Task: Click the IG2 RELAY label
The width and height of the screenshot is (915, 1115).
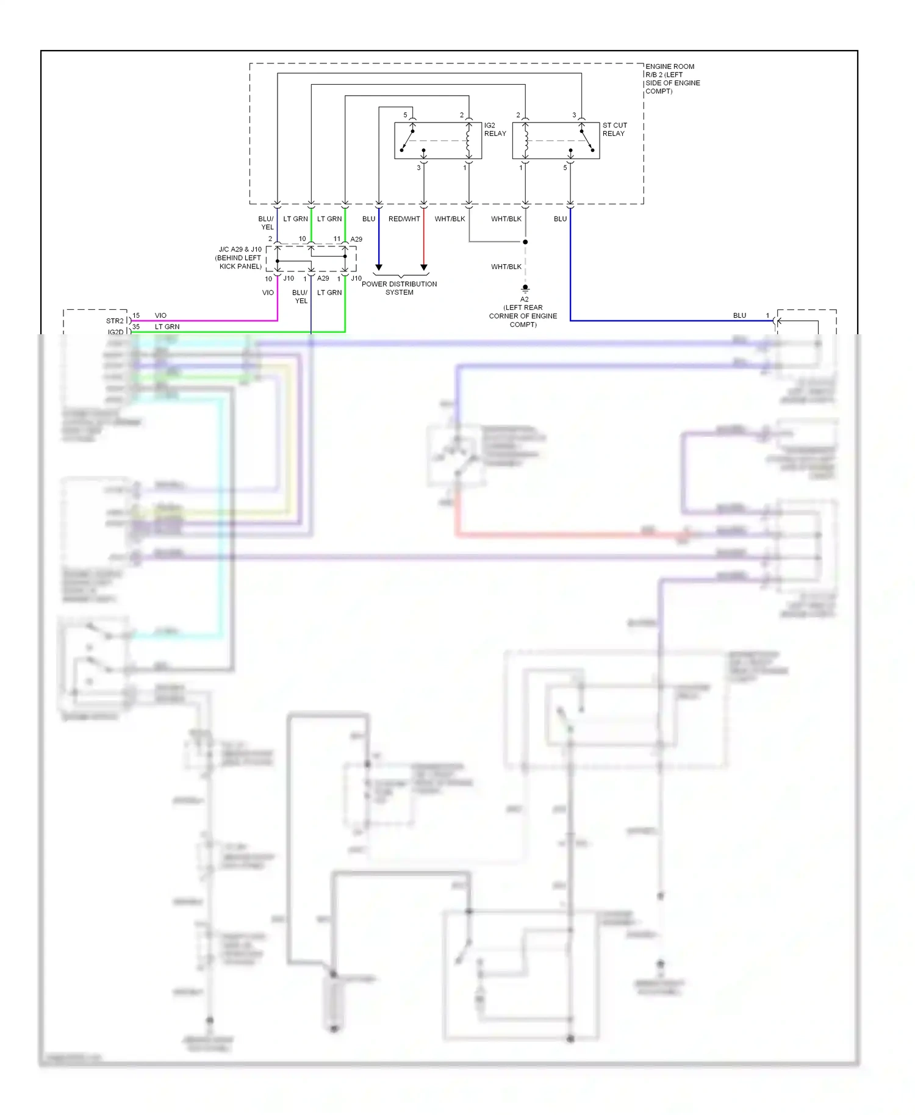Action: click(495, 129)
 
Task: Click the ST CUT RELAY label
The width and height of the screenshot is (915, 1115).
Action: click(614, 129)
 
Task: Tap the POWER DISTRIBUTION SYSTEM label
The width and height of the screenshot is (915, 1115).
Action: click(399, 288)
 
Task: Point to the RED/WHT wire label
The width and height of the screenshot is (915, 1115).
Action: click(404, 219)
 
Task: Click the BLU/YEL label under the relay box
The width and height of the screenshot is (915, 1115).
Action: click(266, 223)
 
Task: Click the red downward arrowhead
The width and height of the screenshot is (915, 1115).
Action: click(424, 267)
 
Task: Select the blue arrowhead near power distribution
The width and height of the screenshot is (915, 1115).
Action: click(379, 267)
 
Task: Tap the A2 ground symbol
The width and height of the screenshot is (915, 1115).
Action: click(525, 288)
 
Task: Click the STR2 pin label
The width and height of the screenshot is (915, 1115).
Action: click(115, 321)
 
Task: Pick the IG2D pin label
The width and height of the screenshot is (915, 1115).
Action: click(115, 332)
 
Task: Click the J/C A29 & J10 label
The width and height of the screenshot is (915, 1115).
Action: click(240, 257)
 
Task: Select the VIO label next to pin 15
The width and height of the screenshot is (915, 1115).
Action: click(160, 315)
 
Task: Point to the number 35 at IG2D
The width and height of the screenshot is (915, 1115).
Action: click(136, 326)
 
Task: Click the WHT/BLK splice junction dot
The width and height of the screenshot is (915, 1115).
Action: click(525, 242)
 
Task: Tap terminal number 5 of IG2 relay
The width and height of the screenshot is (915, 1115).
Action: click(405, 115)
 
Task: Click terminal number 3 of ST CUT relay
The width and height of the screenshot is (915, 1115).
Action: click(574, 115)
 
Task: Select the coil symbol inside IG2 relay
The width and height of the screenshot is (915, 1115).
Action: click(468, 141)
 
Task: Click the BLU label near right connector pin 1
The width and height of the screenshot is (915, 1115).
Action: click(739, 315)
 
